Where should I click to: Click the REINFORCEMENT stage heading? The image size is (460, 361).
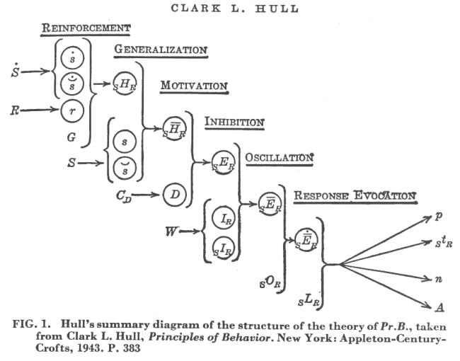[86, 28]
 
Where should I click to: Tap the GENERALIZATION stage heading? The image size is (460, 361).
[161, 50]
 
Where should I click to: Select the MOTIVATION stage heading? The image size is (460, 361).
[194, 86]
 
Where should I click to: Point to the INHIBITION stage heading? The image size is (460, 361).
[234, 122]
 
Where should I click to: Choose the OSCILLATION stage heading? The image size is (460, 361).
[280, 158]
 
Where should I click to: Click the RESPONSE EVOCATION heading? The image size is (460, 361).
[355, 195]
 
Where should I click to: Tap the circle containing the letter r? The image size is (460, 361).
[72, 110]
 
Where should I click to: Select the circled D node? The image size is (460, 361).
[175, 194]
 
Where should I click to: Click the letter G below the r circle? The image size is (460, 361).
[71, 137]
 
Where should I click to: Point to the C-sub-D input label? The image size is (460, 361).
[124, 196]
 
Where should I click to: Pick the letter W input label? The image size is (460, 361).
[172, 231]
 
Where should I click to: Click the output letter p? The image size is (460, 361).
[439, 217]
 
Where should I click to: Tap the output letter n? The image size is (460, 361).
[438, 279]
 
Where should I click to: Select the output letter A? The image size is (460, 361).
[439, 307]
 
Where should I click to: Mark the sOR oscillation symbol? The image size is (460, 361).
[270, 282]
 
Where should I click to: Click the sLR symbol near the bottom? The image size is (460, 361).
[309, 301]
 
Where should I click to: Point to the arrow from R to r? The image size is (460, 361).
[39, 110]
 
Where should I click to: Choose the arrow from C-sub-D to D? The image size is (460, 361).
[146, 194]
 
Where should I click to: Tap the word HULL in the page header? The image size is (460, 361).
[277, 8]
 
